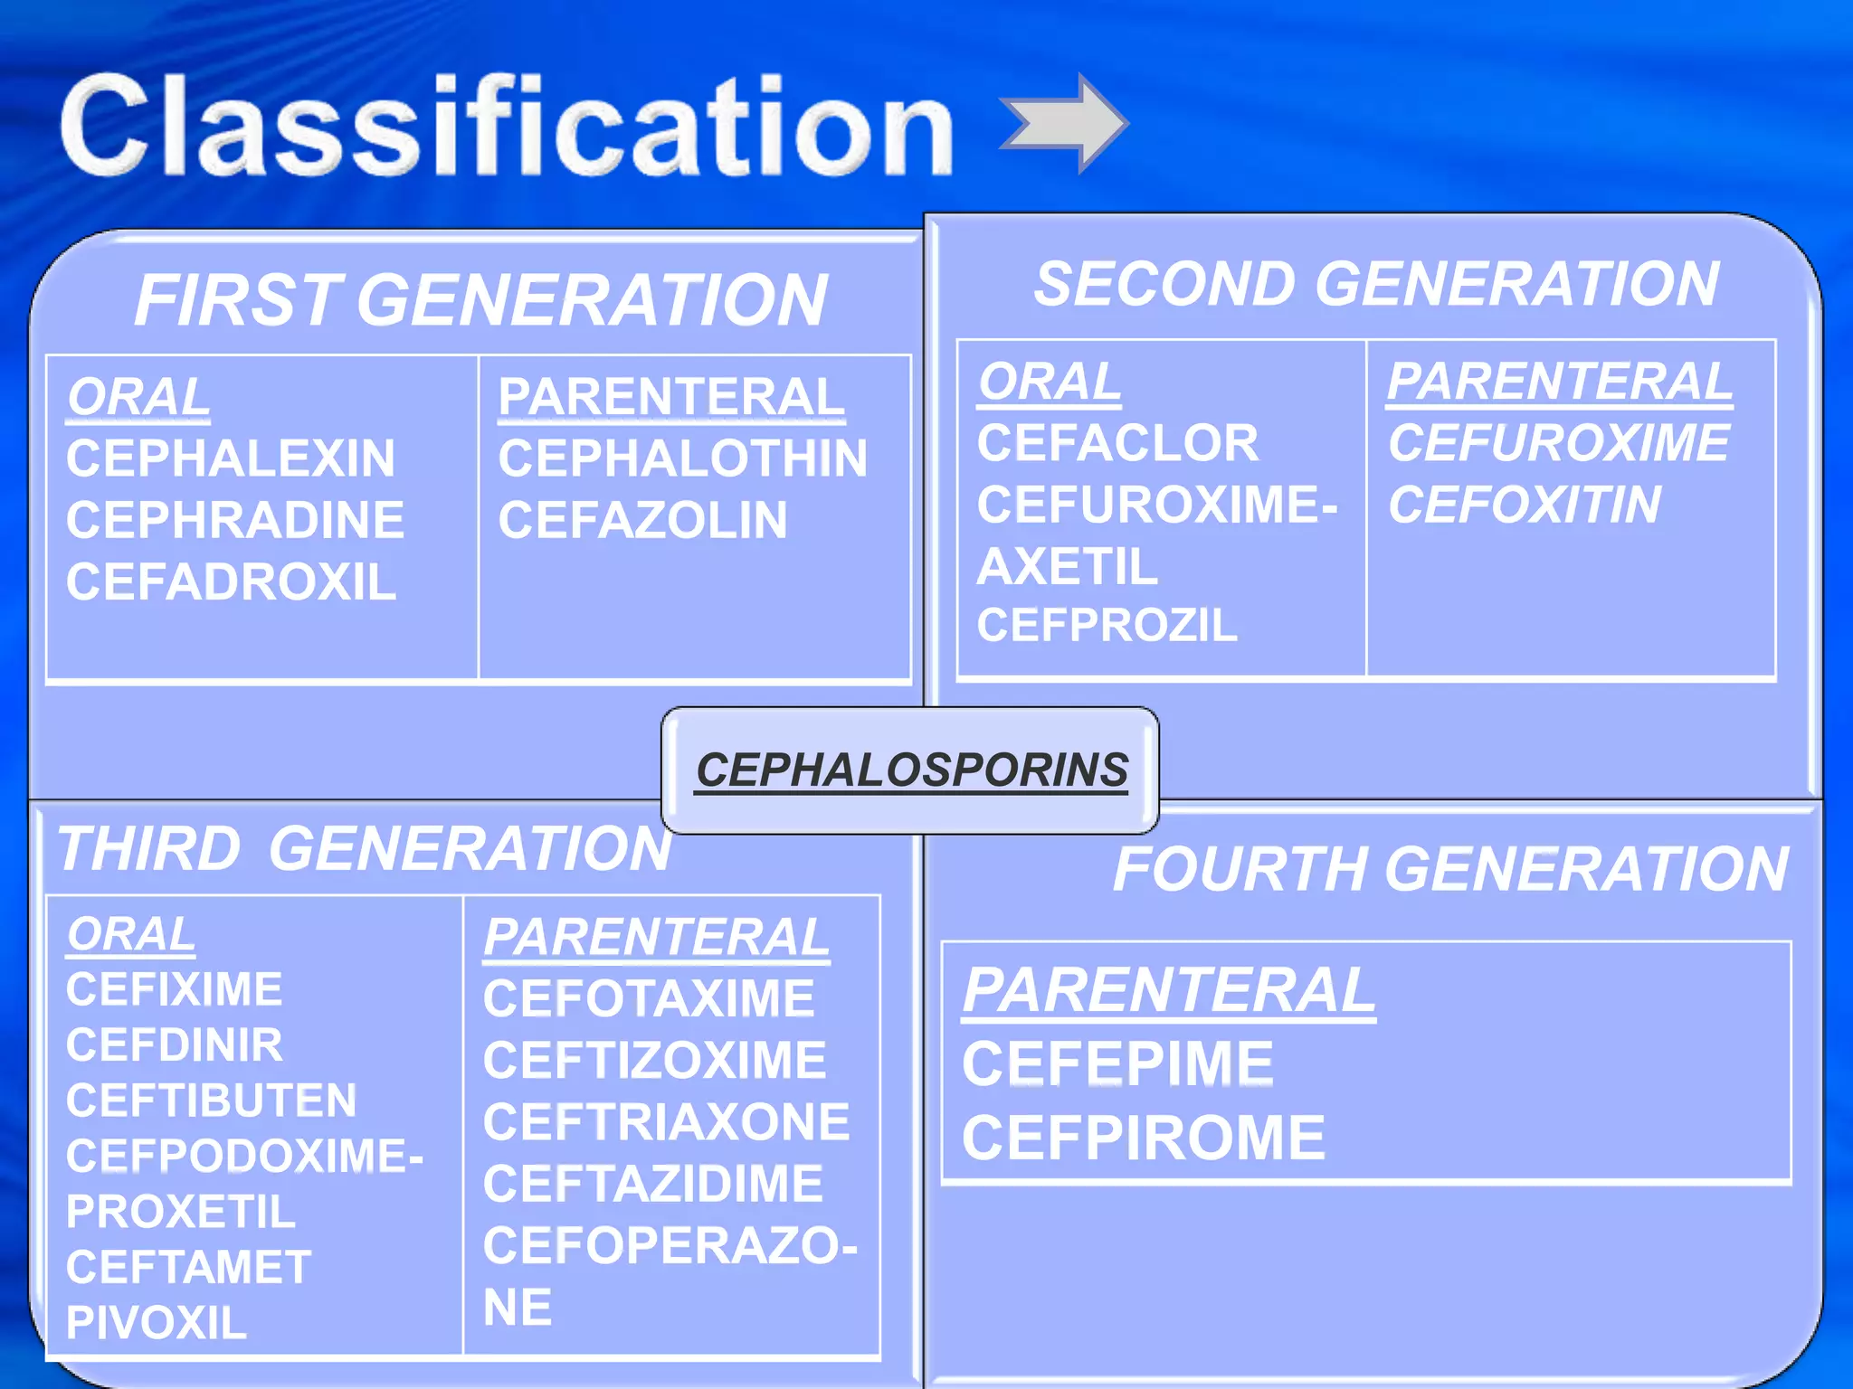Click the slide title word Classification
(x=507, y=127)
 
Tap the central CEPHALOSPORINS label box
(x=910, y=770)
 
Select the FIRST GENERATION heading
(x=480, y=300)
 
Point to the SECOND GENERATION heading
(x=1376, y=284)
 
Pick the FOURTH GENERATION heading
(x=1450, y=869)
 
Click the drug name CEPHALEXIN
(x=231, y=458)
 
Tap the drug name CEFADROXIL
(x=231, y=581)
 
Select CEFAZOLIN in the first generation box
(x=642, y=520)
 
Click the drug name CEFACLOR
(x=1117, y=443)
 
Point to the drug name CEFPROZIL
(x=1107, y=625)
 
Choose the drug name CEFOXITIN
(x=1525, y=505)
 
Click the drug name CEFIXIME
(x=174, y=989)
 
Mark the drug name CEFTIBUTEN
(x=211, y=1101)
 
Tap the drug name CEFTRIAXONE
(x=666, y=1122)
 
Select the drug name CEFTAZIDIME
(x=652, y=1184)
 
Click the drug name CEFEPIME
(x=1117, y=1063)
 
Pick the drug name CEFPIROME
(x=1143, y=1138)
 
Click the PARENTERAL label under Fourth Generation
(x=1168, y=990)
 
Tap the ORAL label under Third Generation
(x=131, y=934)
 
